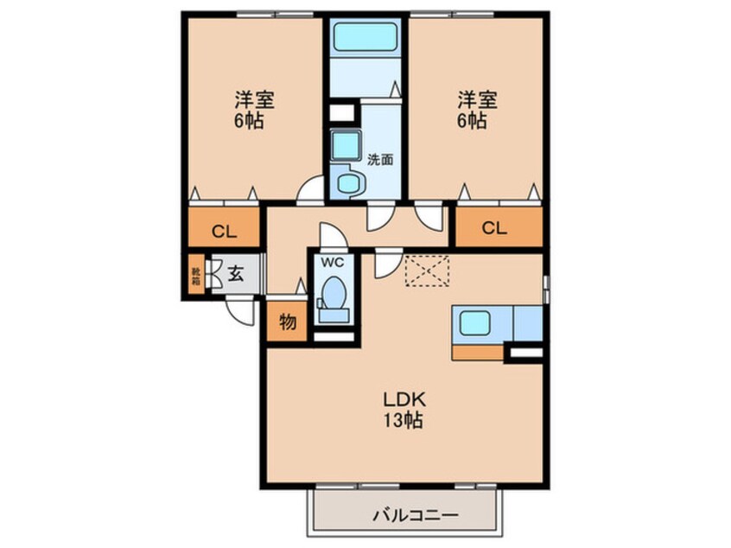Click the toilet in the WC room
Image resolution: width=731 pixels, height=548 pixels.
pos(333,294)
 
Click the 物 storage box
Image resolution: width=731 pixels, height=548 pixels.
pos(288,322)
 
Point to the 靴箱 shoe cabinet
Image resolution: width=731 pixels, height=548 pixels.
pos(195,275)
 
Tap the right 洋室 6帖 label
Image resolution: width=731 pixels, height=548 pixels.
pos(474,109)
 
